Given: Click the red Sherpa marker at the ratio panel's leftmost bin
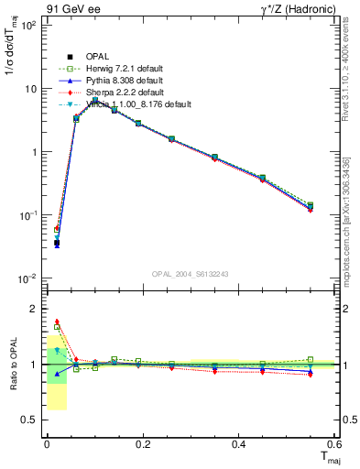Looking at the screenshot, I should (57, 322).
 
